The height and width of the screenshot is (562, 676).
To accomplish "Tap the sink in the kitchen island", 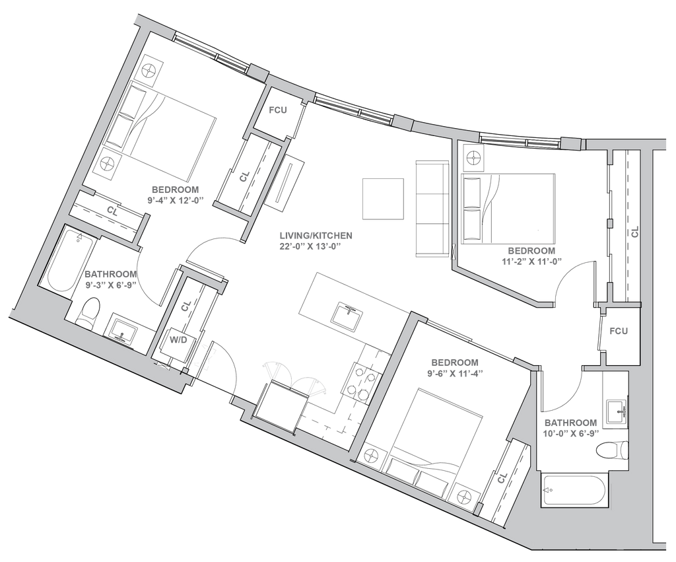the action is [x=345, y=312].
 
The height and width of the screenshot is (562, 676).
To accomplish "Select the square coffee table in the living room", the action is [x=384, y=199].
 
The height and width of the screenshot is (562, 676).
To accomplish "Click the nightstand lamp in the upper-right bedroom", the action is [x=473, y=158].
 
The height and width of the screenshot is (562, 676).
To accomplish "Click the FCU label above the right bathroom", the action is [x=618, y=330].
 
